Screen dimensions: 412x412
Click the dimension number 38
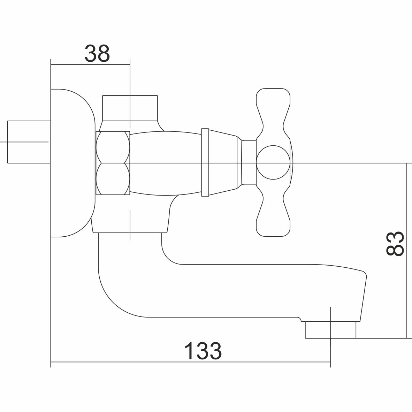point(97,54)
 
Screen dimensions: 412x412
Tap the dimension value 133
point(203,351)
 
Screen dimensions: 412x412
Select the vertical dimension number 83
point(395,243)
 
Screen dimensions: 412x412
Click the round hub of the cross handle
point(273,162)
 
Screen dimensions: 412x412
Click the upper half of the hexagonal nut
point(113,147)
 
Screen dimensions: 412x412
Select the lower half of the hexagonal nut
point(113,179)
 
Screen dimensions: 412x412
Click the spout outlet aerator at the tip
point(330,329)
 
